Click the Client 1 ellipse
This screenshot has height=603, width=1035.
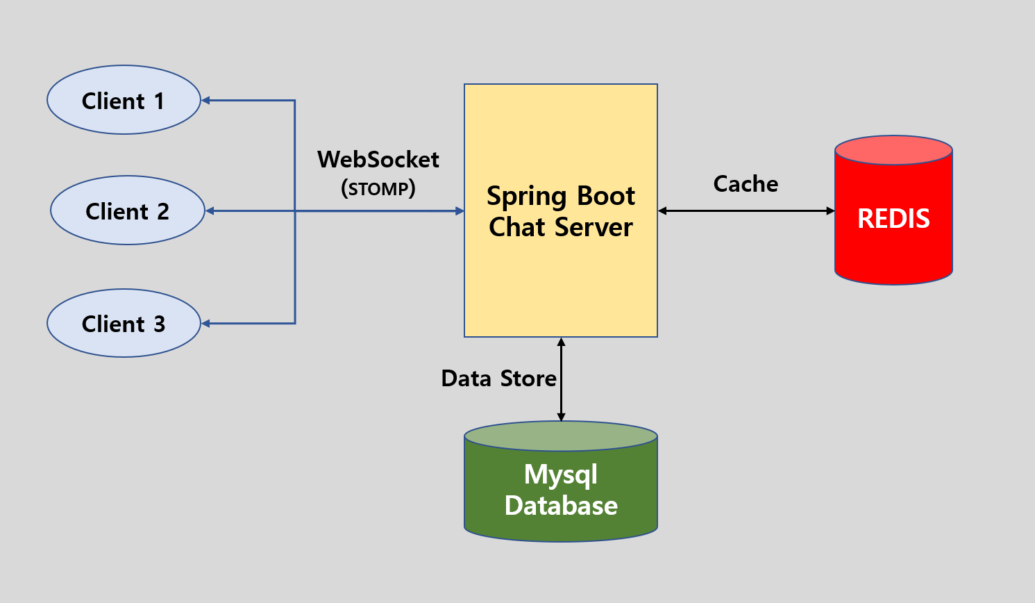pyautogui.click(x=124, y=100)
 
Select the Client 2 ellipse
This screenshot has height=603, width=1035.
pyautogui.click(x=127, y=210)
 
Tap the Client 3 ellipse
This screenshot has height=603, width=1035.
pyautogui.click(x=124, y=323)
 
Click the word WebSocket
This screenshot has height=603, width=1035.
pyautogui.click(x=378, y=160)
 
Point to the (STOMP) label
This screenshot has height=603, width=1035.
pyautogui.click(x=378, y=188)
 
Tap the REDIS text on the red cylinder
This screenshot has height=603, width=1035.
pyautogui.click(x=893, y=219)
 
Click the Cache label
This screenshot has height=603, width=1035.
pyautogui.click(x=746, y=184)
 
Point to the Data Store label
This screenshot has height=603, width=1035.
pyautogui.click(x=498, y=379)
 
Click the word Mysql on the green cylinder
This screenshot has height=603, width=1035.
pyautogui.click(x=560, y=475)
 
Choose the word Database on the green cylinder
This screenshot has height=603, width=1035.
pyautogui.click(x=561, y=506)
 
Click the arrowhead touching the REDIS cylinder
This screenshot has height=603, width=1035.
pyautogui.click(x=830, y=210)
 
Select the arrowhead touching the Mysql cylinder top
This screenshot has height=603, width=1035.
pyautogui.click(x=561, y=416)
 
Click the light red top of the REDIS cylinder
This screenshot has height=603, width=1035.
pyautogui.click(x=893, y=150)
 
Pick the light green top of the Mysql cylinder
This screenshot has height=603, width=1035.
pyautogui.click(x=561, y=436)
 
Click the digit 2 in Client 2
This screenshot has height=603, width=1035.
pyautogui.click(x=162, y=211)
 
